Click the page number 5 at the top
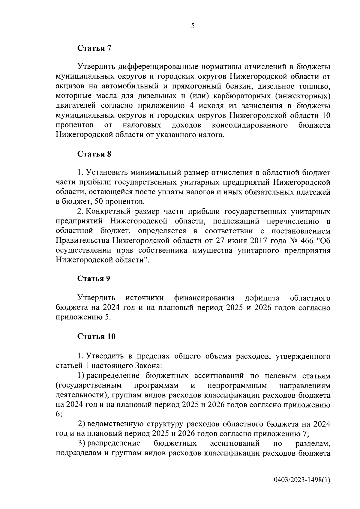coord(193,26)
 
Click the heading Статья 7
coord(94,48)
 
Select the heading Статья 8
coord(94,154)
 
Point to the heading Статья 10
coord(96,337)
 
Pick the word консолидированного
coord(250,125)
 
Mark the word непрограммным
coord(237,385)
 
